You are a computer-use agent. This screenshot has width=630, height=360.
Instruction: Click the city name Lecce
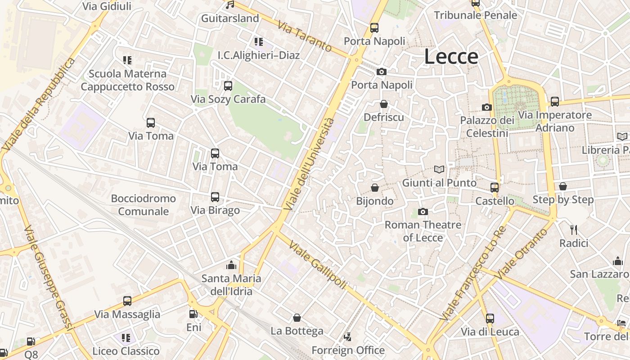coord(451,57)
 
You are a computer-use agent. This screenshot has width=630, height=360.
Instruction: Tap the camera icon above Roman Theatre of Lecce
coord(423,211)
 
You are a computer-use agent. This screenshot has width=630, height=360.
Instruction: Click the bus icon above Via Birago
coord(215,197)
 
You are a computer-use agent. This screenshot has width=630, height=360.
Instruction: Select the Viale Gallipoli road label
coord(318,265)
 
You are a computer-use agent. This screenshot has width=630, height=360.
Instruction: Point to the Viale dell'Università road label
coord(310,164)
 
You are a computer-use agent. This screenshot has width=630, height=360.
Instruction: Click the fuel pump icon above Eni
coord(193,314)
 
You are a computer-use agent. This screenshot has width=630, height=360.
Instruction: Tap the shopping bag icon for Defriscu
coord(384,104)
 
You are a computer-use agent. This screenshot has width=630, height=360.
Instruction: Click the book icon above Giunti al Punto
coord(439,170)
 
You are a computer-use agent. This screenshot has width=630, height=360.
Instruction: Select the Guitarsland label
coord(230,18)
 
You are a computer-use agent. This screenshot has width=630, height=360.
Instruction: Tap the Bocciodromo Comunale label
coord(143,205)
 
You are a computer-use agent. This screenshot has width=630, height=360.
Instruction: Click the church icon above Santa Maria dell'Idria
coord(231,265)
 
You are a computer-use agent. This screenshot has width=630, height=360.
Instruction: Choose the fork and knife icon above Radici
coord(574,230)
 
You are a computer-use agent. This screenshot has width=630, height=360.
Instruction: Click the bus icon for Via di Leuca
coord(490,319)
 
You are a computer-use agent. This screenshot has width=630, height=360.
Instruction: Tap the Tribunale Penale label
coord(476,15)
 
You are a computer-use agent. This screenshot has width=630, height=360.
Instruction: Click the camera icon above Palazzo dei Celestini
coord(486,107)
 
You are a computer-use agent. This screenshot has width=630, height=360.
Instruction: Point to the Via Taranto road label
coord(305,36)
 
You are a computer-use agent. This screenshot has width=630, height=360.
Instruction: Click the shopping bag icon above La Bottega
coord(297,318)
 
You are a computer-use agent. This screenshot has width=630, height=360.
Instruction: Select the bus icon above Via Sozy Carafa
coord(228,86)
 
